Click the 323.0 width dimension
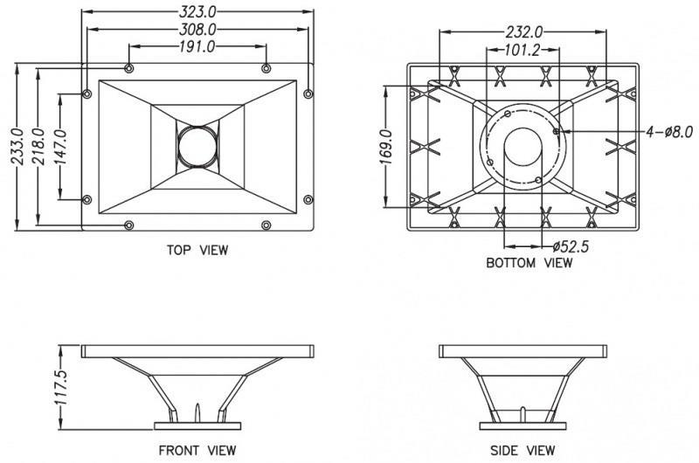coord(197,10)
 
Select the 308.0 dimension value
coord(197,30)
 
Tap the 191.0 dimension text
coord(197,46)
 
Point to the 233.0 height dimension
coord(17,146)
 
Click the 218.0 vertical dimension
coord(38,146)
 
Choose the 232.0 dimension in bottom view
coord(523,32)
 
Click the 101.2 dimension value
coord(522,50)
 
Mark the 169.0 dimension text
coord(386,147)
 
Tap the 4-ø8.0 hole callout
coord(669,131)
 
